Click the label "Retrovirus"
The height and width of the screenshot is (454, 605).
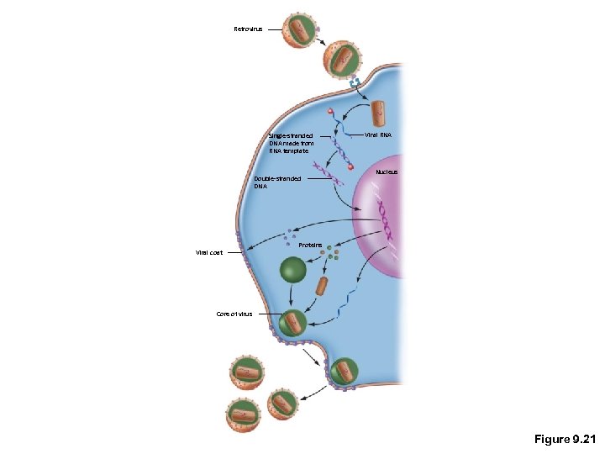[x=248, y=29]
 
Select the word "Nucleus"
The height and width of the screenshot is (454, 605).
[x=387, y=172]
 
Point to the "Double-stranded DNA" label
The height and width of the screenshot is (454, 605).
[x=276, y=182]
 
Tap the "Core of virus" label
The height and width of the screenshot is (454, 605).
[x=234, y=314]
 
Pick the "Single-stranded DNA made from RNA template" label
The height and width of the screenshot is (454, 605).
[x=290, y=143]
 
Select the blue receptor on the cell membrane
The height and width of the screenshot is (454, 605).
[x=355, y=84]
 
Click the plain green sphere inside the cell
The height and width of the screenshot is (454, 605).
[x=293, y=269]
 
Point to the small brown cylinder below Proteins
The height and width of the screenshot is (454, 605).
[x=321, y=286]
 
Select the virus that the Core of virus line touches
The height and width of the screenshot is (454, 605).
[x=294, y=322]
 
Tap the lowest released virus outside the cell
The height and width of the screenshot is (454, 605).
[x=243, y=414]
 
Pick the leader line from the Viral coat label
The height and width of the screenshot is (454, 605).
[x=229, y=252]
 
